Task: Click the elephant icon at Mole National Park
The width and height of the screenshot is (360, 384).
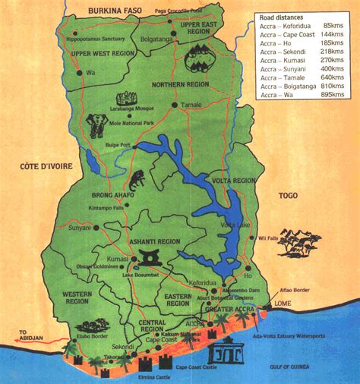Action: (x=97, y=122)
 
